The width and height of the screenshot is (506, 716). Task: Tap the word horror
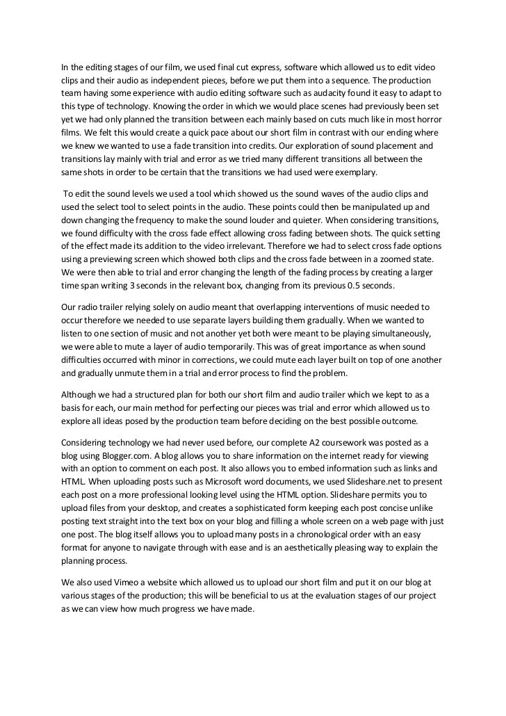pos(426,119)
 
